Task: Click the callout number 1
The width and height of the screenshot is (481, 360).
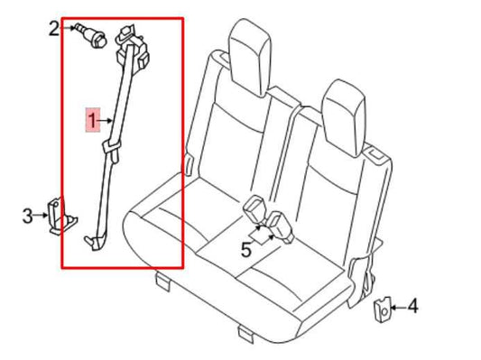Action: pyautogui.click(x=92, y=119)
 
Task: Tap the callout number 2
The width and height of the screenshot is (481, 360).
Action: pyautogui.click(x=53, y=28)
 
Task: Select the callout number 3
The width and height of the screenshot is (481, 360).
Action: pyautogui.click(x=28, y=216)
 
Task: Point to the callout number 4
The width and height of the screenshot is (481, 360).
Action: pyautogui.click(x=412, y=307)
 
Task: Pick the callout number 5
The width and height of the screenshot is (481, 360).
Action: pyautogui.click(x=246, y=250)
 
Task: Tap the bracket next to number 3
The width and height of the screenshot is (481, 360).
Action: pyautogui.click(x=60, y=217)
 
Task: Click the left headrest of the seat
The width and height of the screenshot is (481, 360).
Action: pyautogui.click(x=250, y=41)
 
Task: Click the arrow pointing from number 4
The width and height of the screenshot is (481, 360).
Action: pyautogui.click(x=398, y=308)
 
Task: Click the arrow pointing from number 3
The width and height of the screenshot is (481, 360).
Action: pyautogui.click(x=42, y=216)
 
